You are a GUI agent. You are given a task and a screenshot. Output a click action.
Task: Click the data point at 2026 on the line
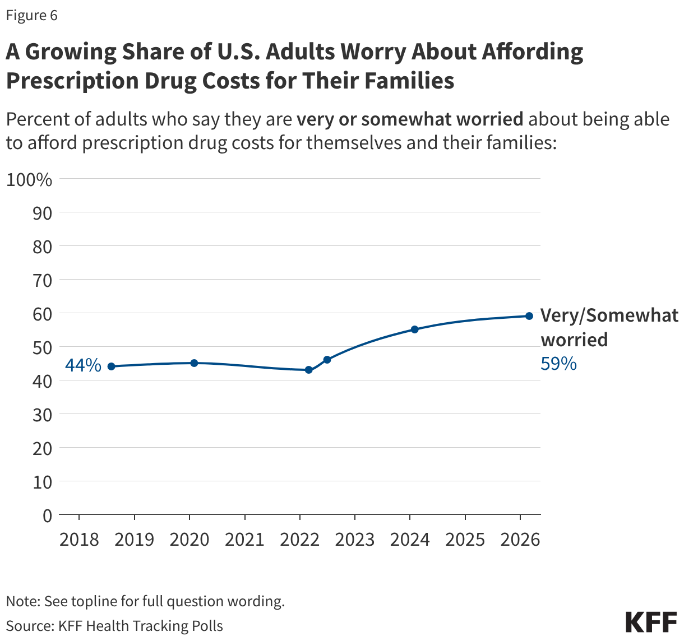[529, 316]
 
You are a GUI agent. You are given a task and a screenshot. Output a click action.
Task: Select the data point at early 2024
[414, 329]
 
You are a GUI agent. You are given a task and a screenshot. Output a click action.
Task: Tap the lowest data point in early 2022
[308, 370]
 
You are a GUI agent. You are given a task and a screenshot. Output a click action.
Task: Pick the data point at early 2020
[194, 363]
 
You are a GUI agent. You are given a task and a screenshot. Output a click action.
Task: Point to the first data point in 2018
[111, 366]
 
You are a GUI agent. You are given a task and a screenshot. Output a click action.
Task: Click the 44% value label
[83, 366]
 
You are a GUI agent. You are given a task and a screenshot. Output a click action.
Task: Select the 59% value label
[558, 364]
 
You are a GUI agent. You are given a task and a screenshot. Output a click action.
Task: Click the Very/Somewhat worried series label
[609, 327]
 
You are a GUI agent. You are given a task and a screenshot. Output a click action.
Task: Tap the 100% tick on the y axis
[29, 180]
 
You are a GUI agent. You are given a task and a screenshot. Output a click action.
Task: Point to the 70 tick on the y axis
[43, 280]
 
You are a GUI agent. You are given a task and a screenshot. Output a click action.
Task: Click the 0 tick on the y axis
[47, 515]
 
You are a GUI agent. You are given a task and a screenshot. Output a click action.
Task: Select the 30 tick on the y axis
[43, 415]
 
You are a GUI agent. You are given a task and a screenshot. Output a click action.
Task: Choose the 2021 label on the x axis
[244, 540]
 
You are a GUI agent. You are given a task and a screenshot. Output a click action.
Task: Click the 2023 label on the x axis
[354, 540]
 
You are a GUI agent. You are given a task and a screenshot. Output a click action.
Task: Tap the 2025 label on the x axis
[465, 540]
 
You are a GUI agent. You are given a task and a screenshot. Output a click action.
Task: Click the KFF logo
[651, 623]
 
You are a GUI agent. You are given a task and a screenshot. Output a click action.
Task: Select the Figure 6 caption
[31, 15]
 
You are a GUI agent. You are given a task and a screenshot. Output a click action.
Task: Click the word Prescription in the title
[72, 81]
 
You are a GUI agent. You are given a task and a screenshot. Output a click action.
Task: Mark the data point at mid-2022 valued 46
[327, 360]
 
